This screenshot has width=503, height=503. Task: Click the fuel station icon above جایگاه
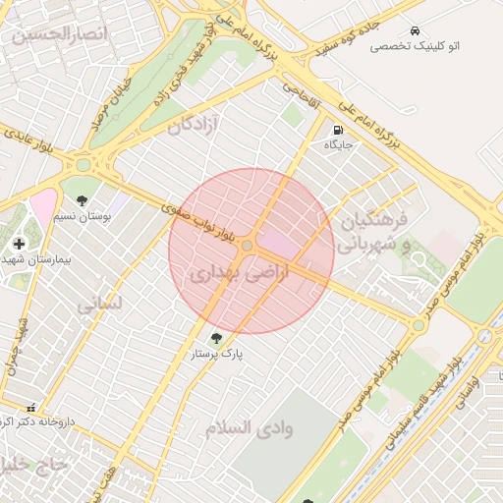point(338,130)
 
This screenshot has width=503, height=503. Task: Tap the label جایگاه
point(338,144)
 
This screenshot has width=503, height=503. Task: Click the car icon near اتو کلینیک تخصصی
point(417,30)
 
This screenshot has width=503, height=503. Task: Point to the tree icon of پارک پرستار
point(216,337)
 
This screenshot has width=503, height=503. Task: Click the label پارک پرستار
point(217,352)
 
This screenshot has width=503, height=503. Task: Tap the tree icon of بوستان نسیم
point(82,200)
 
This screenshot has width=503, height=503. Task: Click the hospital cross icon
point(19,243)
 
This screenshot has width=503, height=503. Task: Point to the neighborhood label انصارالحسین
point(57,34)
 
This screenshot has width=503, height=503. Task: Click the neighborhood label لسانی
point(99,304)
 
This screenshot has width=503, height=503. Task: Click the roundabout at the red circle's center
point(251,247)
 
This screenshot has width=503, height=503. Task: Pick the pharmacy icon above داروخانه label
point(32,408)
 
